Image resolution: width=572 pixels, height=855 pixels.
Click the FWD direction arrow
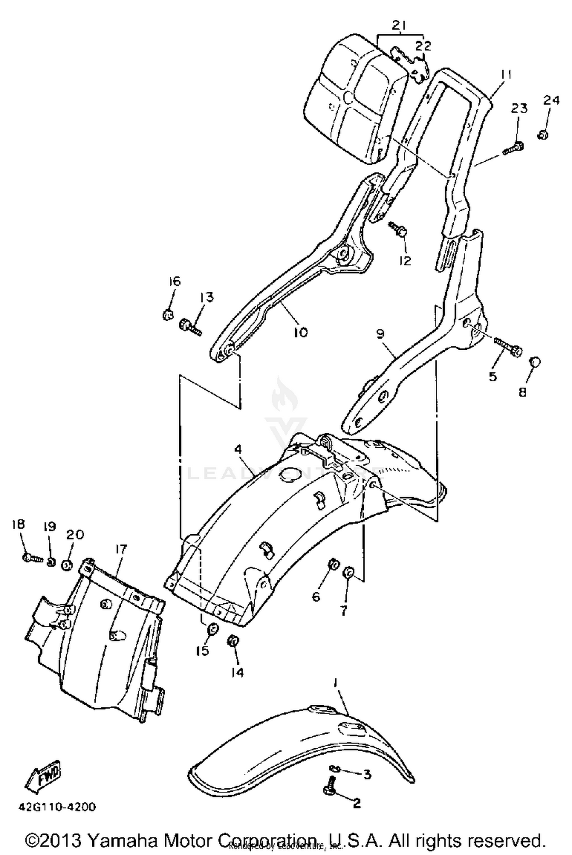(x=43, y=775)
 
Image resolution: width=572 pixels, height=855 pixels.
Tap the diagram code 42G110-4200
(x=57, y=807)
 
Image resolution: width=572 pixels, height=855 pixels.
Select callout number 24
(x=551, y=100)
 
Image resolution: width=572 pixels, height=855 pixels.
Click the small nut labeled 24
(x=543, y=134)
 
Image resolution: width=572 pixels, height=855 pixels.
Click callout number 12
(x=405, y=260)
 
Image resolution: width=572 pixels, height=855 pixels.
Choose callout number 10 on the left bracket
(x=300, y=332)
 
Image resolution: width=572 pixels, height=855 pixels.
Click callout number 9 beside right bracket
(x=380, y=334)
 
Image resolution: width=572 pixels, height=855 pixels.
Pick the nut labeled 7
(x=349, y=572)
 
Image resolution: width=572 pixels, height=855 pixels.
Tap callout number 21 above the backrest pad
(x=399, y=26)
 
